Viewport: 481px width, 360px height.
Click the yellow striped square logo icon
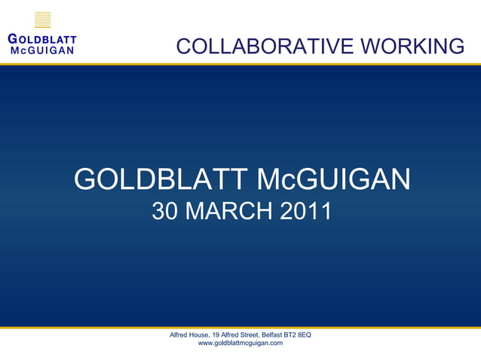[x=43, y=20]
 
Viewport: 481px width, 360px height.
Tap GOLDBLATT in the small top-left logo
[x=41, y=41]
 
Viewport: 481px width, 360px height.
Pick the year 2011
[x=305, y=212]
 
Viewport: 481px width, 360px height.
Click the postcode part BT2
[x=295, y=334]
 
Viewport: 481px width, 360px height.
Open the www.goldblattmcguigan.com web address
[x=240, y=343]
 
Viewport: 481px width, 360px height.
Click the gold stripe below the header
[x=240, y=64]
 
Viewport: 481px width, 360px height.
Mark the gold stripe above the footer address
[x=240, y=328]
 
